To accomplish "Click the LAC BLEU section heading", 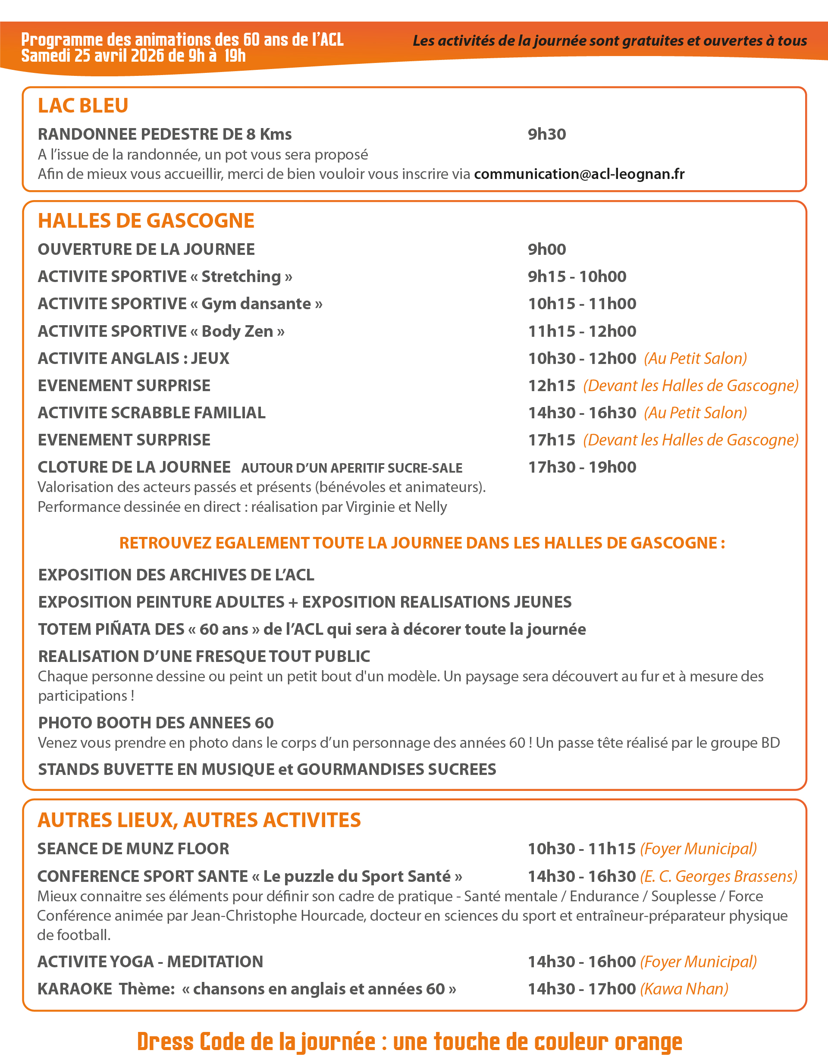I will click(x=83, y=106).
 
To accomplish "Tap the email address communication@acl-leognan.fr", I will click(x=579, y=174).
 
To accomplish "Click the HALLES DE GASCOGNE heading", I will click(x=146, y=220).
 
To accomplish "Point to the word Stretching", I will click(x=241, y=276).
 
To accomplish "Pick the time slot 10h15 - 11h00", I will click(x=582, y=304).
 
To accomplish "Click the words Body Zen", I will click(x=237, y=331).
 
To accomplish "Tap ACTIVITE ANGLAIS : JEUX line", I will click(x=133, y=358).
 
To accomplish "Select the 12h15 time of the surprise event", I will click(x=552, y=386).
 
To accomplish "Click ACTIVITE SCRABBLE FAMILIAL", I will click(x=151, y=413).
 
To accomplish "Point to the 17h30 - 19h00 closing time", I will click(x=582, y=467).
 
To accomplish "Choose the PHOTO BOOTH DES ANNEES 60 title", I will click(x=156, y=723).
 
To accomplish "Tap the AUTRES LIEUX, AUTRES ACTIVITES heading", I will click(x=199, y=820).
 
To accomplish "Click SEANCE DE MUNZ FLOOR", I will click(x=133, y=849).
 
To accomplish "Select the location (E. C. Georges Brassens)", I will click(x=718, y=876).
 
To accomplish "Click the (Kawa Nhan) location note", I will click(x=684, y=989).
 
